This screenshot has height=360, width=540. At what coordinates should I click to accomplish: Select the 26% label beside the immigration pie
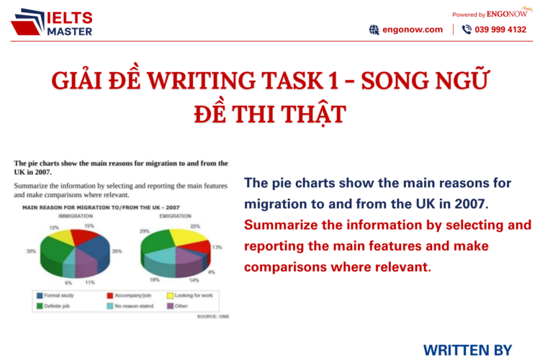pyautogui.click(x=117, y=251)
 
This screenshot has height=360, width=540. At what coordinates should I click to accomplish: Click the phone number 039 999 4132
pyautogui.click(x=500, y=30)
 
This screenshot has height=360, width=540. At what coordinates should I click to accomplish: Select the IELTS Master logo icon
pyautogui.click(x=27, y=22)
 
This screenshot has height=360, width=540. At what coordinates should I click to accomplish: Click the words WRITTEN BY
pyautogui.click(x=467, y=350)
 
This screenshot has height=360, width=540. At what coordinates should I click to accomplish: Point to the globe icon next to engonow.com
pyautogui.click(x=374, y=30)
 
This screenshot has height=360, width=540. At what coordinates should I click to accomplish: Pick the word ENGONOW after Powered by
pyautogui.click(x=508, y=14)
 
